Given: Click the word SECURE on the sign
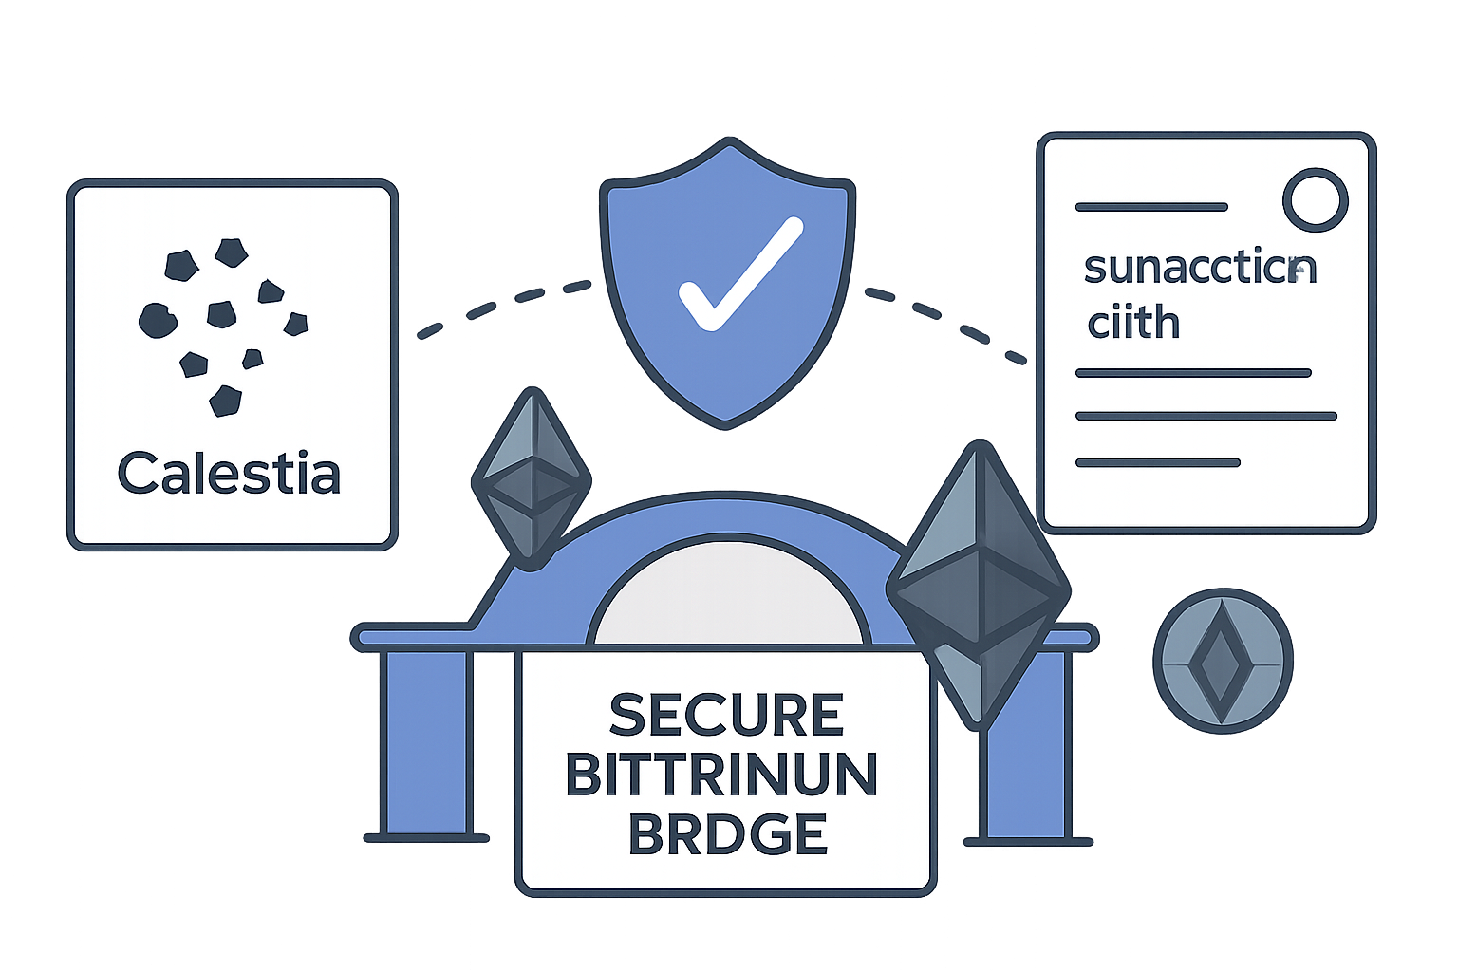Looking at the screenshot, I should [x=726, y=715].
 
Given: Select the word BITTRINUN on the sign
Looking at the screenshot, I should [x=722, y=775].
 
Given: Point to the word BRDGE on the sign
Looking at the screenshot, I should [x=728, y=834].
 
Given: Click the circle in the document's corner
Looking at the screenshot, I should [x=1315, y=199].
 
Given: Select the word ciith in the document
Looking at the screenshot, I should [x=1133, y=323].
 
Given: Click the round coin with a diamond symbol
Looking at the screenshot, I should [x=1223, y=658].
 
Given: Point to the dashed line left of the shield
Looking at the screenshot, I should [x=503, y=304].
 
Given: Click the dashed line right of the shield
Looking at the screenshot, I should [x=949, y=319].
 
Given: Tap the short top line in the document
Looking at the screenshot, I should [x=1151, y=206].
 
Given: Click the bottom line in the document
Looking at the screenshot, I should [x=1157, y=463].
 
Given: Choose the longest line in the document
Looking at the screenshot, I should [x=1206, y=416].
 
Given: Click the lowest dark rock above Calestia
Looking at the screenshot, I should [x=225, y=400].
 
